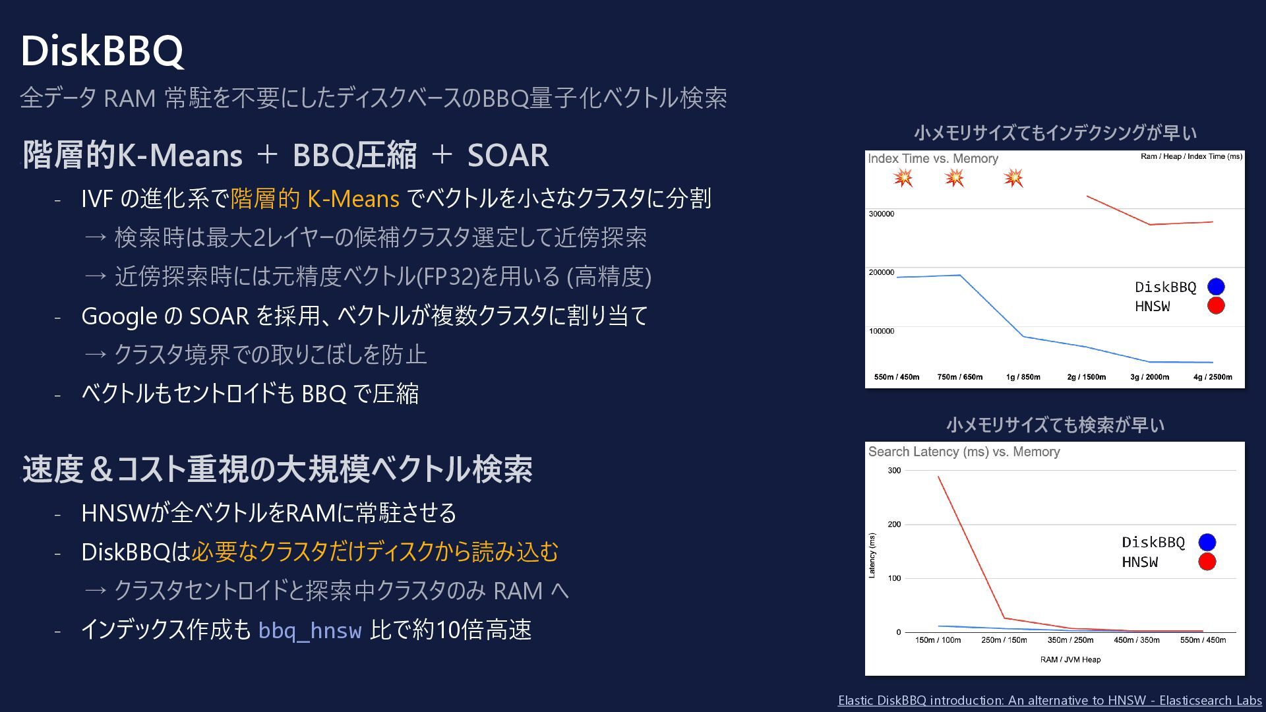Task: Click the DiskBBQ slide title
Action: tap(102, 51)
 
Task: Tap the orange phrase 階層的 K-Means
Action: tap(315, 198)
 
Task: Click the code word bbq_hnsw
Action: tap(310, 631)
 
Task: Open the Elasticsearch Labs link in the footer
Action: tap(1050, 700)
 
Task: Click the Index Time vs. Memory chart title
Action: tap(933, 158)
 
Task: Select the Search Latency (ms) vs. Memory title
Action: tap(964, 452)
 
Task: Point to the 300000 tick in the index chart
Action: tap(882, 214)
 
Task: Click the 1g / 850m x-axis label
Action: tap(1023, 377)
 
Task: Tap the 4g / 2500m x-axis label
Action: tap(1213, 377)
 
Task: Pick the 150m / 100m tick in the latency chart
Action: tap(938, 640)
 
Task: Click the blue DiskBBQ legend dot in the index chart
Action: tap(1216, 287)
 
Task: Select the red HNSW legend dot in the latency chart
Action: tap(1207, 562)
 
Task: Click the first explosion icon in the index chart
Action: tap(903, 178)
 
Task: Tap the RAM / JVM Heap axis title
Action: tap(1070, 660)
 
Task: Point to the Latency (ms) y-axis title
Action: tap(872, 556)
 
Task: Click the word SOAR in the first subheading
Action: tap(508, 156)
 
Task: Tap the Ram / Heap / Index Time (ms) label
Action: tap(1191, 156)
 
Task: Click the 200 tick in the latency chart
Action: tap(894, 525)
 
